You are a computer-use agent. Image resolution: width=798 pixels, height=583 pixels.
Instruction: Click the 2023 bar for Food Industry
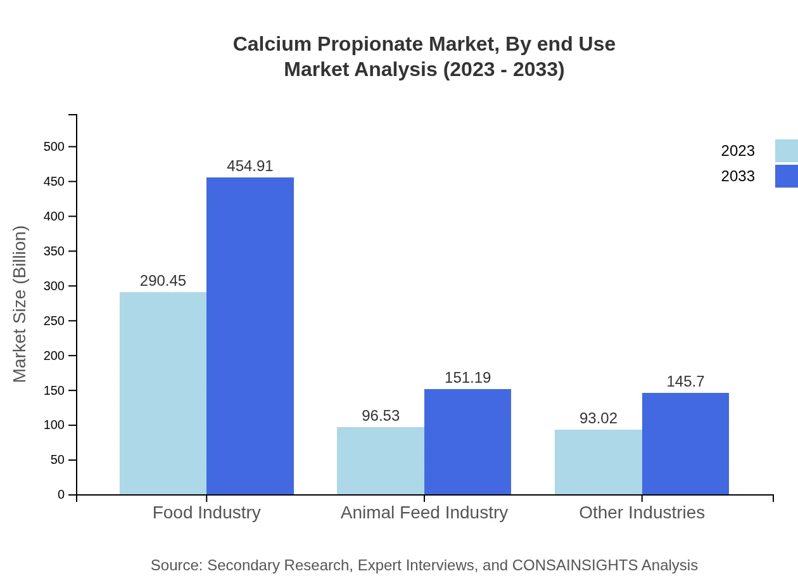[163, 393]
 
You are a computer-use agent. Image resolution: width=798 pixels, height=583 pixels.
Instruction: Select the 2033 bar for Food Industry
[250, 336]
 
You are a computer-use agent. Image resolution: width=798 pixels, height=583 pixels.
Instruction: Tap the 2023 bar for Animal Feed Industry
[380, 461]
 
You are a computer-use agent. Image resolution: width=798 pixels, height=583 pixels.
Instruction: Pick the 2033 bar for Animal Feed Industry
[467, 442]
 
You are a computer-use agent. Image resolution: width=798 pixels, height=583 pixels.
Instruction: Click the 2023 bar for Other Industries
[598, 462]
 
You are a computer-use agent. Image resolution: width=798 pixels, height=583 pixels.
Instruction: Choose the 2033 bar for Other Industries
[685, 444]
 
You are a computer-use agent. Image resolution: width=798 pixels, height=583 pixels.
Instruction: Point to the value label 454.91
[250, 166]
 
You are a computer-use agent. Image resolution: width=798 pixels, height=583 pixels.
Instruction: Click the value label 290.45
[163, 281]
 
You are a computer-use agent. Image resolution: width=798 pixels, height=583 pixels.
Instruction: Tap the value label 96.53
[381, 416]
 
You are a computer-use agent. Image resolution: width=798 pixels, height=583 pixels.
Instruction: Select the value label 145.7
[685, 381]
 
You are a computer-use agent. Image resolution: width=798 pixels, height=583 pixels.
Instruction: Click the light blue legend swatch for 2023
[786, 151]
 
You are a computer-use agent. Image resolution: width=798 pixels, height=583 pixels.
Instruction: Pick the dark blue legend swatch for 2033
[786, 176]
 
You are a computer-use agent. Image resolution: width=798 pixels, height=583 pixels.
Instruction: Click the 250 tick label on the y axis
[54, 321]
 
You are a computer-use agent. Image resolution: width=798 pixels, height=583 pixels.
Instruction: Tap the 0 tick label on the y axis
[61, 494]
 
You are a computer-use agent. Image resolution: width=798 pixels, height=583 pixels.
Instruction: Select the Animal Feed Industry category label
[424, 512]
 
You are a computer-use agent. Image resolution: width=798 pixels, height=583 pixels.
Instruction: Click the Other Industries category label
[642, 512]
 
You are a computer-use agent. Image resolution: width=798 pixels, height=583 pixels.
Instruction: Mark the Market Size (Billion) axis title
[20, 304]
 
